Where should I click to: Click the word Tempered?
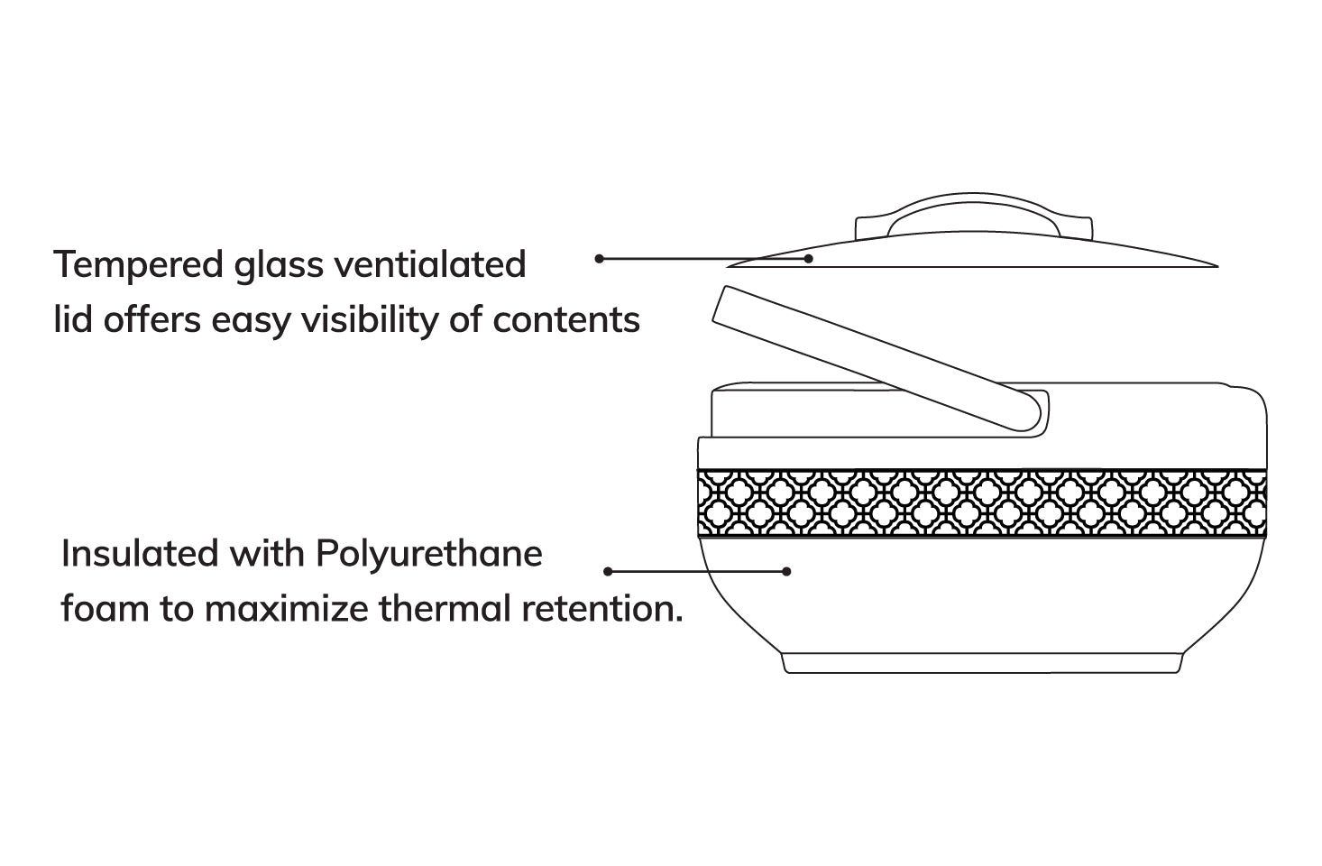(x=138, y=265)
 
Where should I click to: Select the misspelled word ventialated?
(x=430, y=265)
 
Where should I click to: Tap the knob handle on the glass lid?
(x=973, y=216)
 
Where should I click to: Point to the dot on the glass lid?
(x=809, y=259)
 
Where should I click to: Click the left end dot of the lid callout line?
(x=599, y=259)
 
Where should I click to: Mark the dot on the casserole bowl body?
(x=786, y=571)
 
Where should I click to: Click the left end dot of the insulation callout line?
(x=608, y=571)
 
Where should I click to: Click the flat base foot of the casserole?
(x=981, y=663)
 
